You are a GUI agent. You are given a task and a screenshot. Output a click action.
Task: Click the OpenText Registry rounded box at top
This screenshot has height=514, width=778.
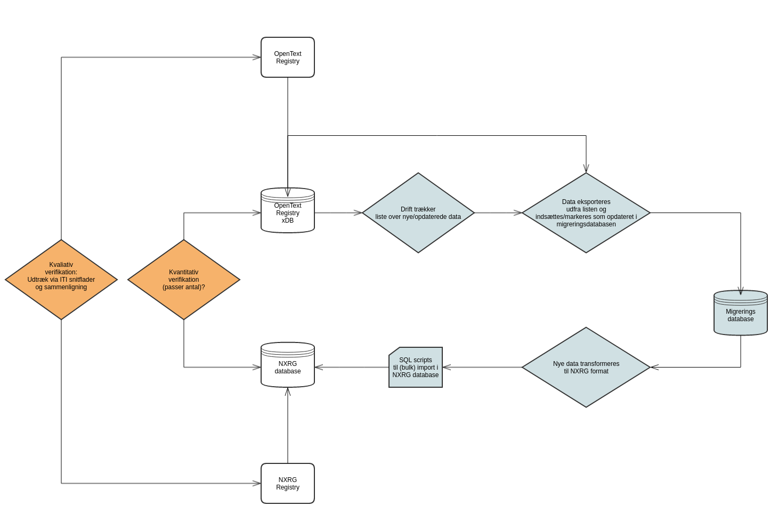pyautogui.click(x=288, y=57)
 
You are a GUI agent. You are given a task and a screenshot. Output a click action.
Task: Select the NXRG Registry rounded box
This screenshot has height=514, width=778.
pyautogui.click(x=288, y=483)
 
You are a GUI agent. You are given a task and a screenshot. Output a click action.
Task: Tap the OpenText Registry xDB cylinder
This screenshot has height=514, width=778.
pyautogui.click(x=288, y=211)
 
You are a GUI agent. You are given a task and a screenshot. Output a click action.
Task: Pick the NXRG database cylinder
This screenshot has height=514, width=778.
pyautogui.click(x=288, y=365)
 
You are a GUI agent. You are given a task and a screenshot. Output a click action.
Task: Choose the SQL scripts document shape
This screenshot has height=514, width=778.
pyautogui.click(x=416, y=368)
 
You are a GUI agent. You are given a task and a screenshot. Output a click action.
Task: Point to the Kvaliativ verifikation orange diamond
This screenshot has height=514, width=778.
pyautogui.click(x=61, y=279)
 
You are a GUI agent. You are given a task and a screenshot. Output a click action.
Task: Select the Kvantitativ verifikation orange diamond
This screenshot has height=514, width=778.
pyautogui.click(x=184, y=279)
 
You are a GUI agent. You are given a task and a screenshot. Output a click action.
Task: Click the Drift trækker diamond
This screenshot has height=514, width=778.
pyautogui.click(x=418, y=213)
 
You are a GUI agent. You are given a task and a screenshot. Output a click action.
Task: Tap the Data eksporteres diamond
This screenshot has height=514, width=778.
pyautogui.click(x=586, y=213)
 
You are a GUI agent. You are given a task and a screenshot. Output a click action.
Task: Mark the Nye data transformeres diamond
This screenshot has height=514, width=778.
pyautogui.click(x=586, y=367)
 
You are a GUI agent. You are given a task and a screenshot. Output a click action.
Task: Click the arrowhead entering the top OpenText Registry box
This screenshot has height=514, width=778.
pyautogui.click(x=257, y=57)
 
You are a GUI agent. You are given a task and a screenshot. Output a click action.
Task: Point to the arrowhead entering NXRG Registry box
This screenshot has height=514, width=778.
pyautogui.click(x=257, y=483)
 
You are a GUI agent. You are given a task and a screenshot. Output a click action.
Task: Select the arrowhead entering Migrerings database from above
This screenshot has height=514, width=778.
pyautogui.click(x=741, y=291)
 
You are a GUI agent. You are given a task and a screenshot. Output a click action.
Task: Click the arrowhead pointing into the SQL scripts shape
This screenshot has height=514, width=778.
pyautogui.click(x=447, y=367)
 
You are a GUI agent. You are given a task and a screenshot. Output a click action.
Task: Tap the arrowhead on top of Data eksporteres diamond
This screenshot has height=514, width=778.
pyautogui.click(x=586, y=168)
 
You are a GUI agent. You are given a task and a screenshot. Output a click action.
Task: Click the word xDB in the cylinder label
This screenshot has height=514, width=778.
pyautogui.click(x=288, y=221)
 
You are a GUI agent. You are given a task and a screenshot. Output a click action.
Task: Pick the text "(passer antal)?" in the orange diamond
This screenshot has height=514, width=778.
pyautogui.click(x=184, y=287)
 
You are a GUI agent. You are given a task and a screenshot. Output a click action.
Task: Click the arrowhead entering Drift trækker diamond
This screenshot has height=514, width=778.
pyautogui.click(x=358, y=213)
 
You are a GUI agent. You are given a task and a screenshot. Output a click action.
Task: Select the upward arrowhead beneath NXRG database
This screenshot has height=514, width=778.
pyautogui.click(x=288, y=391)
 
